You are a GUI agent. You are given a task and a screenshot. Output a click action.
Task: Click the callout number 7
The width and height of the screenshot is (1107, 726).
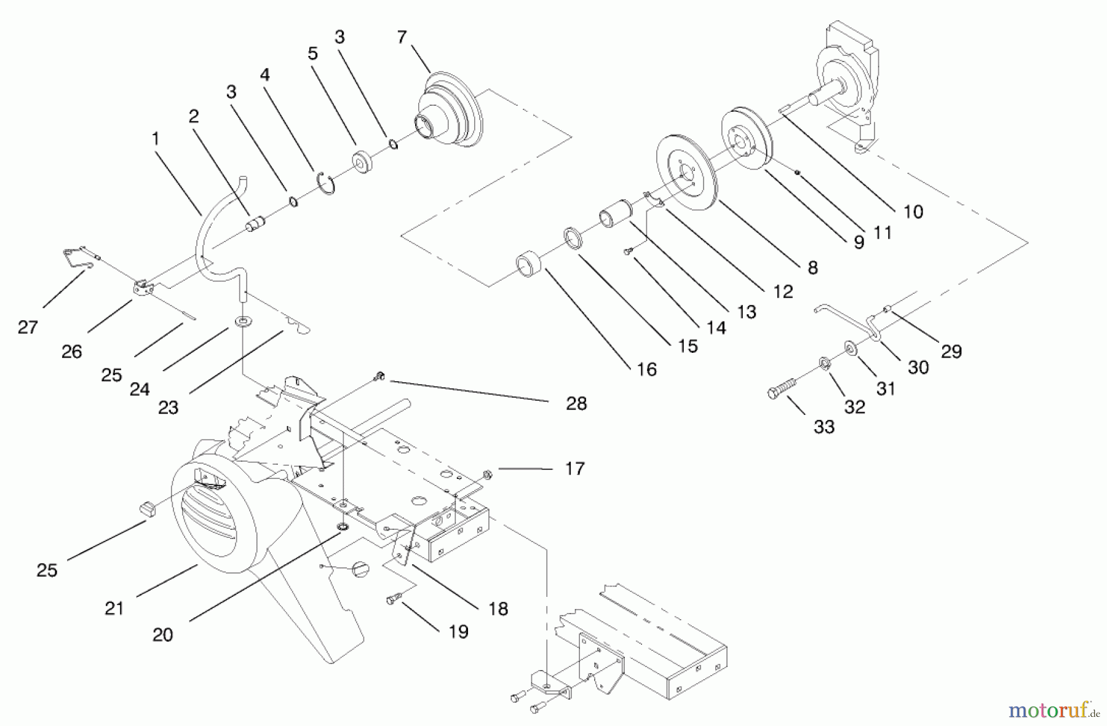(402, 37)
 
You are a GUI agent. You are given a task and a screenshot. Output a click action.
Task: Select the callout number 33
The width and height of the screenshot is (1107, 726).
(823, 427)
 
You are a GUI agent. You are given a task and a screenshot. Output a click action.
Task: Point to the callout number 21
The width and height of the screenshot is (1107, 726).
(114, 608)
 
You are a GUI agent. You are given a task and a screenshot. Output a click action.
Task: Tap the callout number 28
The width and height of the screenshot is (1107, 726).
(576, 403)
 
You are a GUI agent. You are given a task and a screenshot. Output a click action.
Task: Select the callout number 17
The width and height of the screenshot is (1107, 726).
(574, 469)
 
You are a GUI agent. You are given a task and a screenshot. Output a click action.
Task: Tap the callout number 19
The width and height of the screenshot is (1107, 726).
(458, 631)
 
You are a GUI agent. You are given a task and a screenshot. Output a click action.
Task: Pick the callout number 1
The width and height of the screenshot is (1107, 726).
(156, 140)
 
